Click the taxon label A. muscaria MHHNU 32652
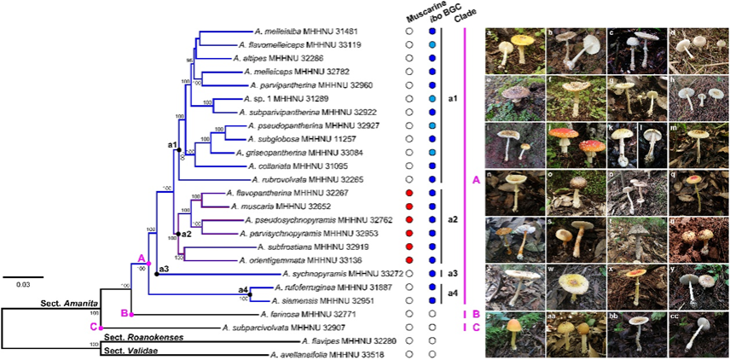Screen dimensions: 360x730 274,206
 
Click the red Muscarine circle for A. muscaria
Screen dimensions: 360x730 409,206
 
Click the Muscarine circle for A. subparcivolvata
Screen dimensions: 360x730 409,327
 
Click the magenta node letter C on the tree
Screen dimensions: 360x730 93,327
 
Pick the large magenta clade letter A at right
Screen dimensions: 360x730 475,180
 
